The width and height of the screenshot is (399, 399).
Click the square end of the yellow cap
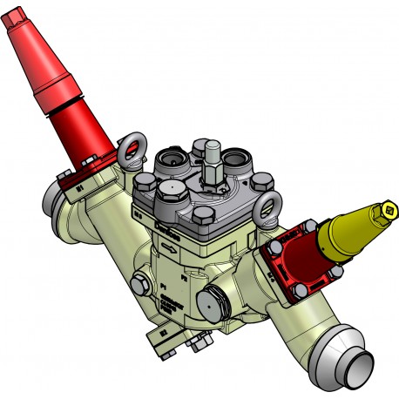tap(389, 210)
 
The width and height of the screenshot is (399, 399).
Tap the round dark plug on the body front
tap(213, 302)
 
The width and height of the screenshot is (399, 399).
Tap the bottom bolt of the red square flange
tap(299, 287)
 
